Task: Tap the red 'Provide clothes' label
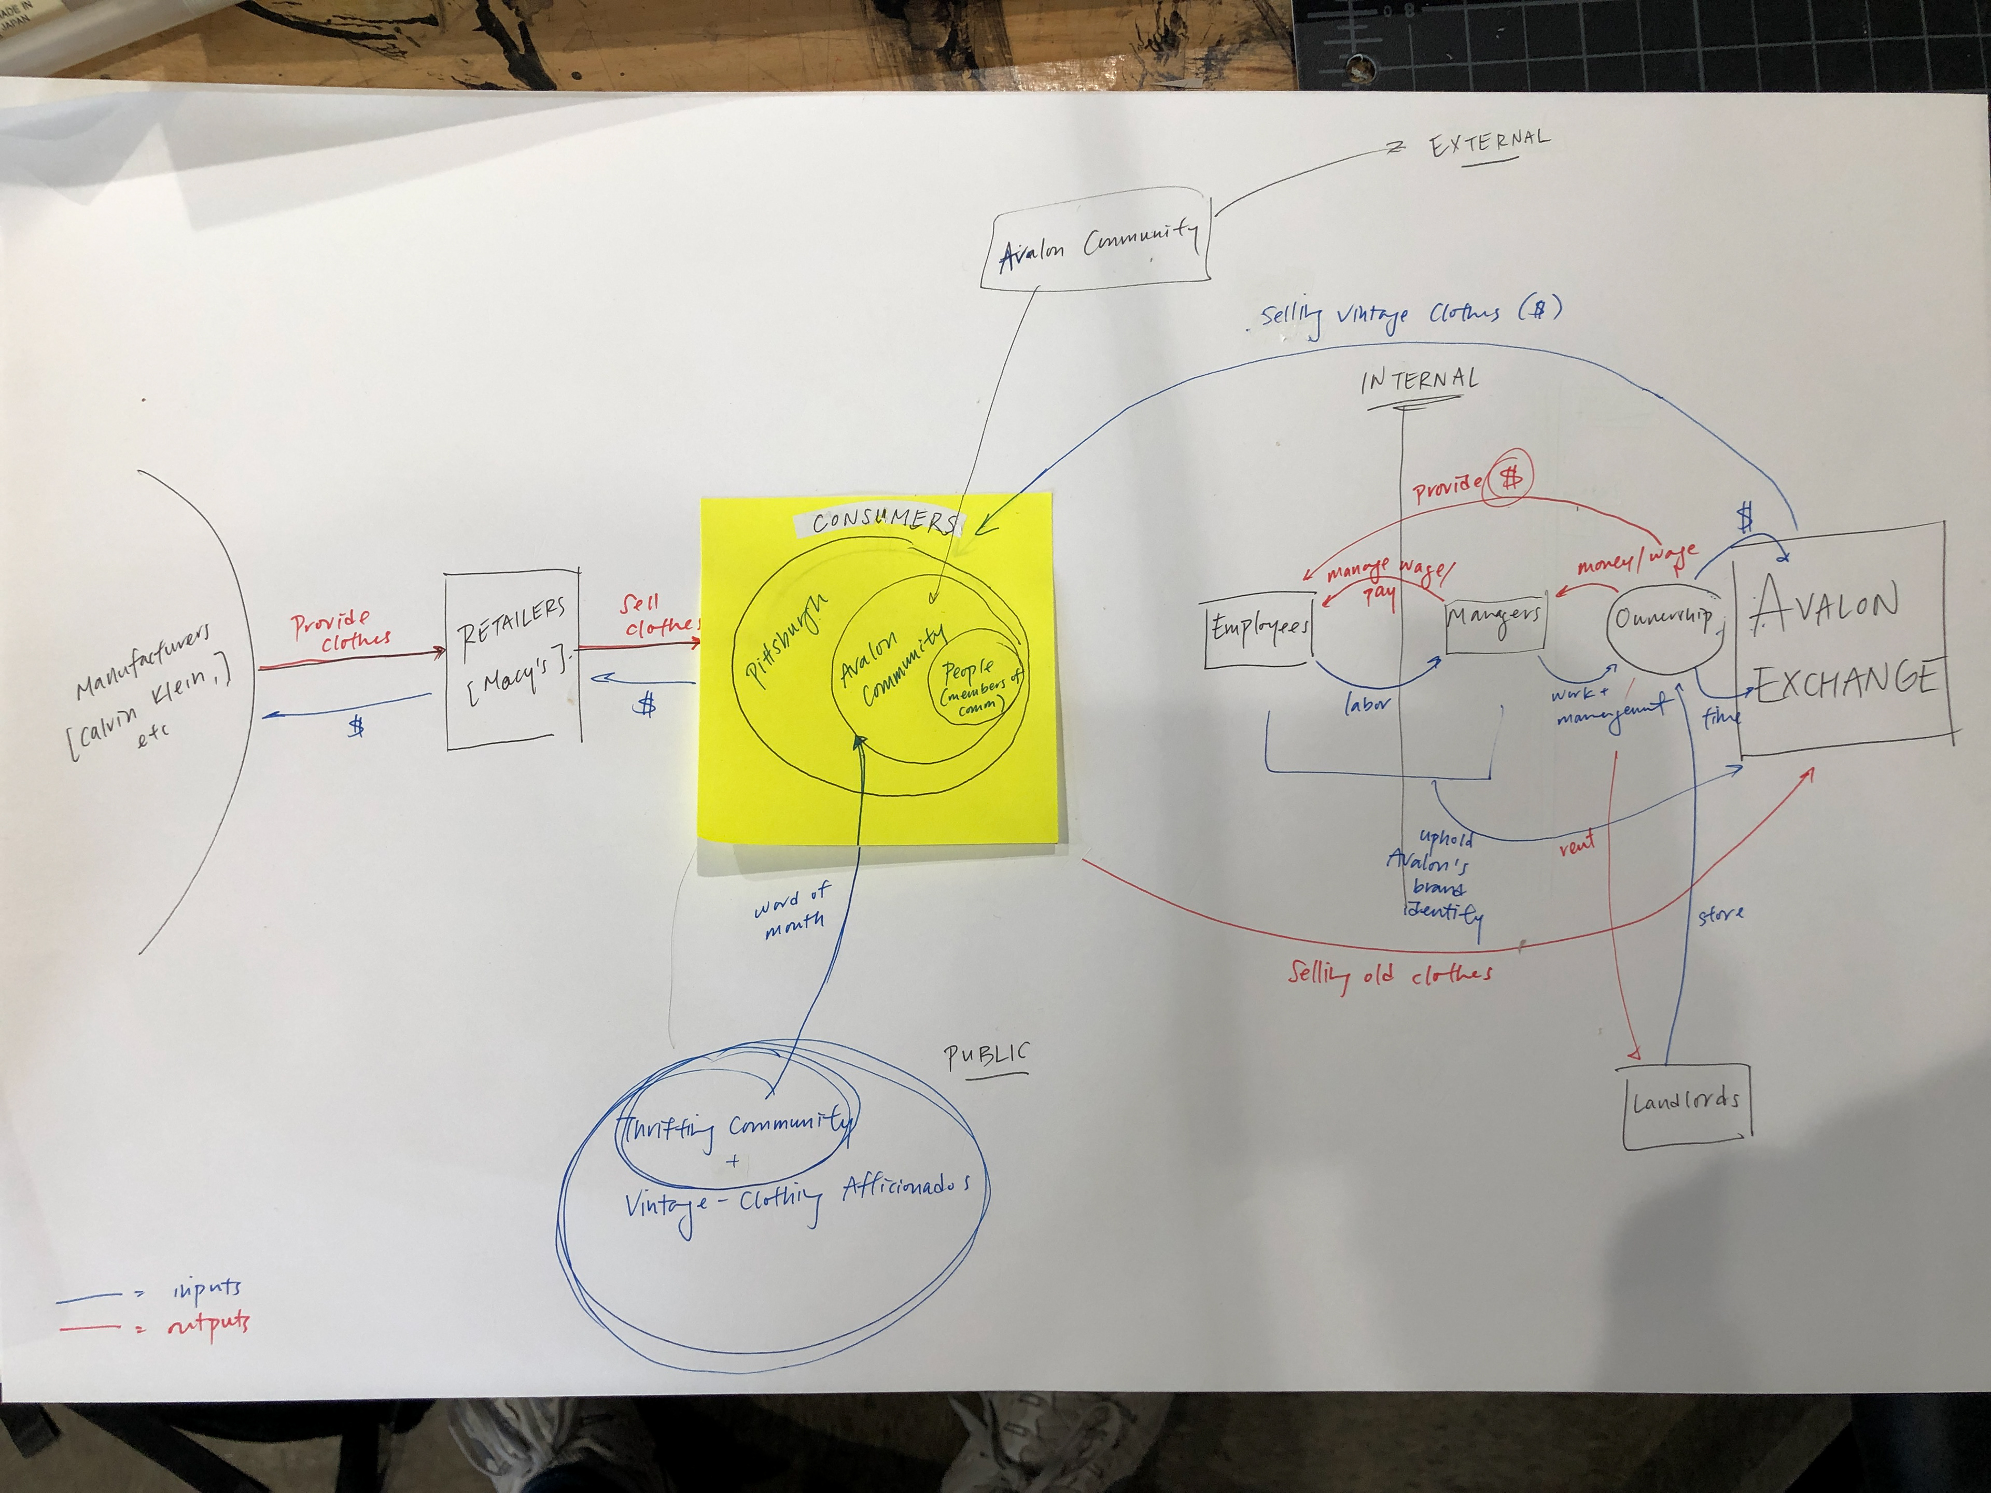pyautogui.click(x=340, y=629)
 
